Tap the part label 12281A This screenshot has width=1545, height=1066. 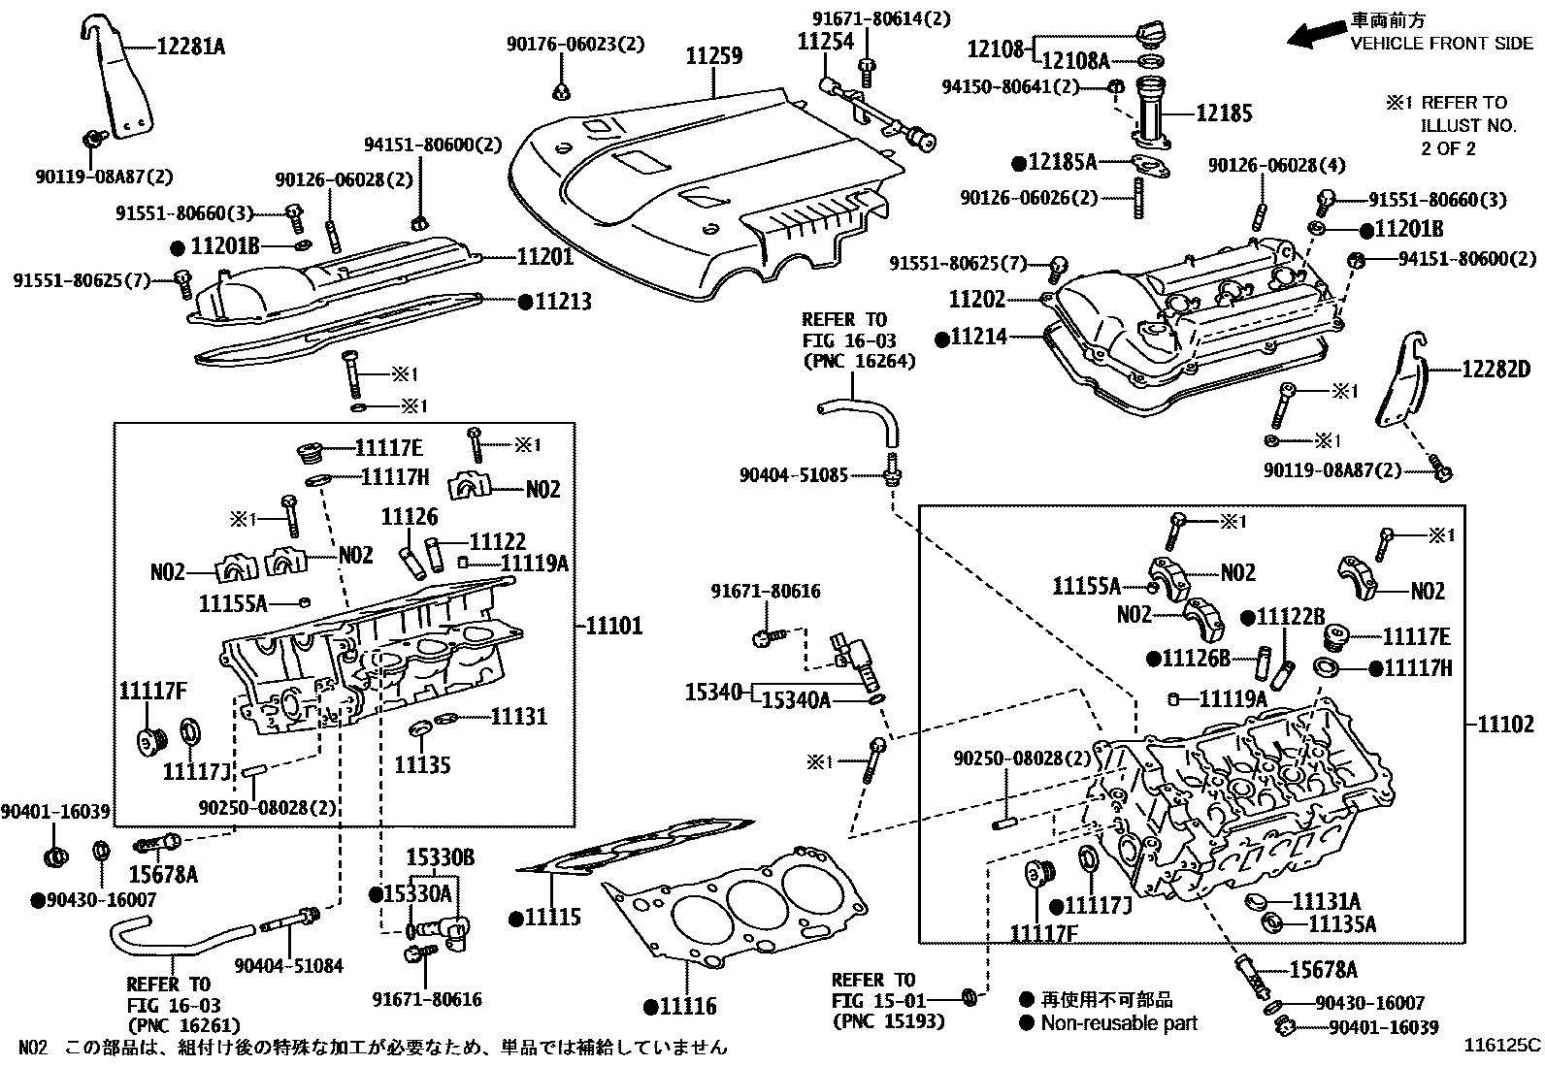pos(189,46)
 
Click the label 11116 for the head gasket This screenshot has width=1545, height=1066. pos(687,1006)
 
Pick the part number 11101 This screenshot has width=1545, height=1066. pos(613,626)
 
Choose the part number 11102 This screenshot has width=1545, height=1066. pos(1506,723)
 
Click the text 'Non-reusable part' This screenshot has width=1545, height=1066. pos(1118,1022)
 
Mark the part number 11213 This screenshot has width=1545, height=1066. pos(562,302)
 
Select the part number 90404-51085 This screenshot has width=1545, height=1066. pos(793,475)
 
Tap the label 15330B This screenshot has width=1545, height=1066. pos(440,857)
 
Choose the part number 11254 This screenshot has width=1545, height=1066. pos(825,41)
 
